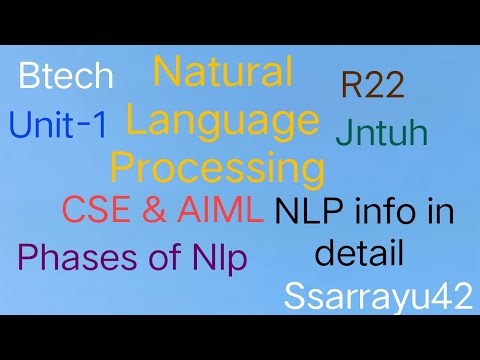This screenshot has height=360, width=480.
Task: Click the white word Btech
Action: click(67, 78)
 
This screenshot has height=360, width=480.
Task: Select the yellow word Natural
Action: click(222, 73)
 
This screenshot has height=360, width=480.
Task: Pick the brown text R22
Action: click(372, 86)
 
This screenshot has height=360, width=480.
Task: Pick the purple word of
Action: click(156, 258)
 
